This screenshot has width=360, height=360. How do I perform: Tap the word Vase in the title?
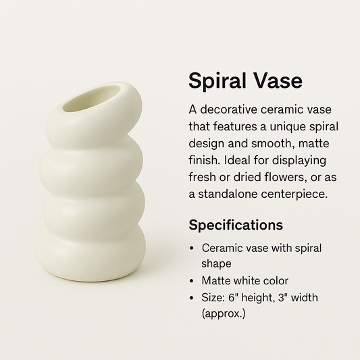(x=276, y=81)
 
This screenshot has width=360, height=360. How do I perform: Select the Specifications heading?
(x=236, y=224)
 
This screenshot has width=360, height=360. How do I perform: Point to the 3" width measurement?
(x=299, y=297)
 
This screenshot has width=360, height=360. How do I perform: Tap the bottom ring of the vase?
(x=91, y=253)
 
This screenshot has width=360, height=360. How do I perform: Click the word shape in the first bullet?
(x=216, y=263)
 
